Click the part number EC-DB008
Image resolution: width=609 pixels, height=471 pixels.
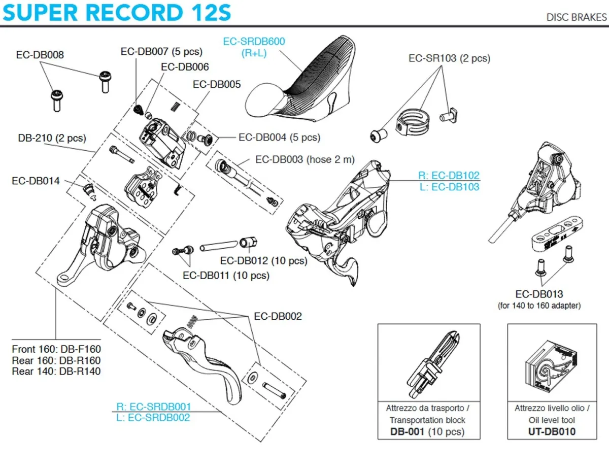pyautogui.click(x=40, y=55)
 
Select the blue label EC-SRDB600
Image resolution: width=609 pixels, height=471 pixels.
pyautogui.click(x=254, y=42)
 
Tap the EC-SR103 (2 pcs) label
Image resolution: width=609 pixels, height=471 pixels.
pyautogui.click(x=449, y=58)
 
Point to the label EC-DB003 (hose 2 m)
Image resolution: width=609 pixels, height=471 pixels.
pyautogui.click(x=305, y=159)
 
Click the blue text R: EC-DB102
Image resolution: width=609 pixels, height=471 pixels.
pyautogui.click(x=449, y=176)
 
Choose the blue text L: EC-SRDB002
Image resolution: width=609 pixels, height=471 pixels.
pyautogui.click(x=153, y=417)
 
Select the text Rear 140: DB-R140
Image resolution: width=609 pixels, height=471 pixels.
pyautogui.click(x=56, y=372)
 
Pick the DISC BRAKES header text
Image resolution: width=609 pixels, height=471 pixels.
pyautogui.click(x=576, y=17)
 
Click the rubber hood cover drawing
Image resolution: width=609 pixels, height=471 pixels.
pyautogui.click(x=299, y=94)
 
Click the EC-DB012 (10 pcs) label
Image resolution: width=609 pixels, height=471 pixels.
pyautogui.click(x=263, y=261)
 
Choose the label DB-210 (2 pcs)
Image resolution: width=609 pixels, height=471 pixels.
pyautogui.click(x=52, y=138)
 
